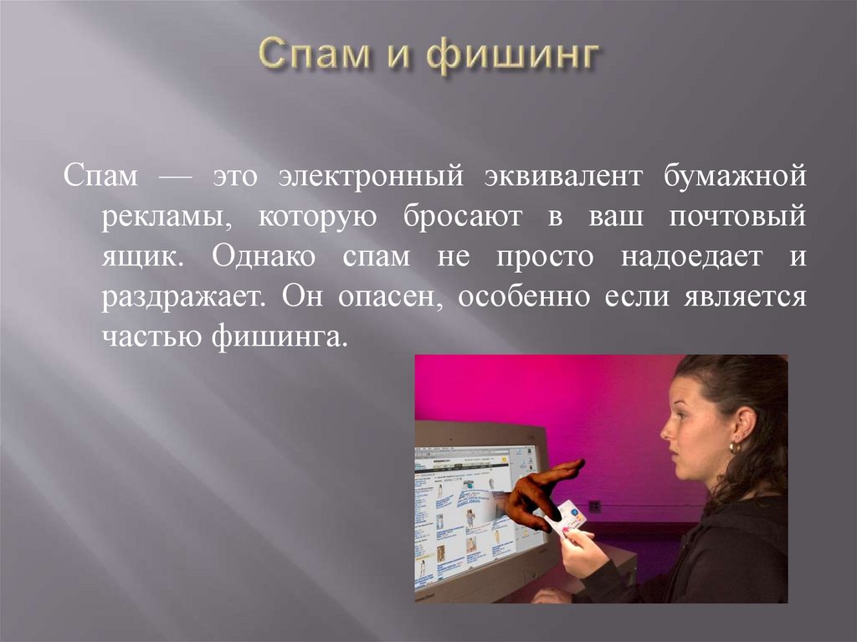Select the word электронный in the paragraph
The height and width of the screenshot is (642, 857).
click(x=372, y=177)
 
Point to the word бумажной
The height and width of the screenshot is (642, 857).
click(x=736, y=177)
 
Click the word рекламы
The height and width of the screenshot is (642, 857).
click(x=162, y=218)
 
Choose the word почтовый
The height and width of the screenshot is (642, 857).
click(x=737, y=217)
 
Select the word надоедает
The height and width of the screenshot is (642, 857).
click(x=691, y=256)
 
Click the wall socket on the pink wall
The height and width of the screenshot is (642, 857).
click(x=594, y=506)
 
